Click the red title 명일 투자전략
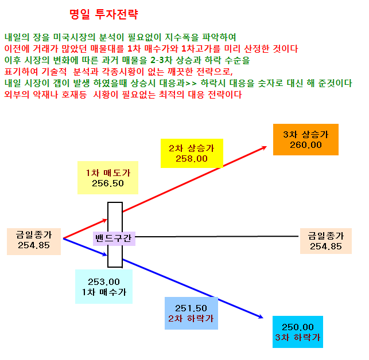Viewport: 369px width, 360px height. tap(104, 14)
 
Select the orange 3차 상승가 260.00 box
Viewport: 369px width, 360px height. tap(306, 139)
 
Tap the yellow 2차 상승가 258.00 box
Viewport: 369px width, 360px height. tap(192, 153)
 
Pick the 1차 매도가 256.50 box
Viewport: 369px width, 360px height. tap(108, 178)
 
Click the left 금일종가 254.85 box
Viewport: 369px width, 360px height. tap(34, 241)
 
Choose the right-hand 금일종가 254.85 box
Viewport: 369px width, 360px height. tap(326, 241)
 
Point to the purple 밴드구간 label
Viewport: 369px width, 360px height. tap(114, 238)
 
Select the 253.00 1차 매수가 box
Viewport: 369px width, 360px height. tap(104, 287)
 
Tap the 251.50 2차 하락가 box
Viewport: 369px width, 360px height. tap(191, 313)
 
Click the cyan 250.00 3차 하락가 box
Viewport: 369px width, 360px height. tap(298, 332)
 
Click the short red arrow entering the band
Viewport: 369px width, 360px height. tap(85, 229)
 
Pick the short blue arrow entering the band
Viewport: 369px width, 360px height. tap(85, 247)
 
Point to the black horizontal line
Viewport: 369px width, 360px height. tap(217, 236)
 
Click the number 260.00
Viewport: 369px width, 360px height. tap(306, 145)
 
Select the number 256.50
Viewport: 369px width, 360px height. tap(108, 183)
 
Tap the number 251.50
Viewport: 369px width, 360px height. tap(191, 308)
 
